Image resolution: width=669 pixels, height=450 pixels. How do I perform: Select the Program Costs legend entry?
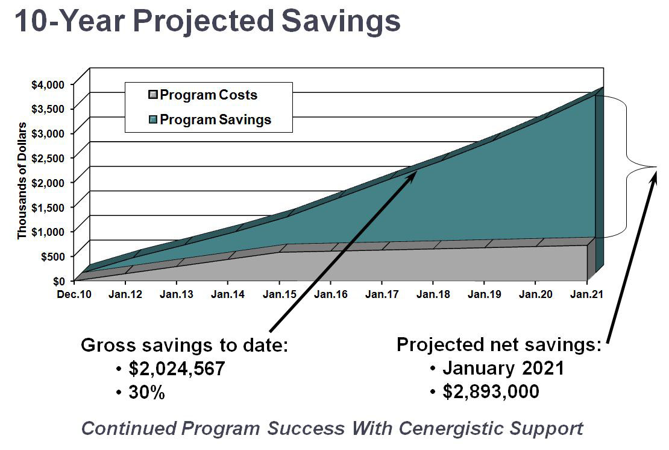(x=209, y=95)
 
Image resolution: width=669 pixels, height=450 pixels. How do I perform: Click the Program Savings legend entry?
(x=215, y=119)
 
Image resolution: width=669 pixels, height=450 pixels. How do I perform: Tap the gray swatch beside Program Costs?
(x=153, y=95)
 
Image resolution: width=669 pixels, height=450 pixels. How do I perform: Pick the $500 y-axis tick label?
(x=51, y=256)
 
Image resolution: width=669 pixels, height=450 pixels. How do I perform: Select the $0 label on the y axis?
(x=57, y=280)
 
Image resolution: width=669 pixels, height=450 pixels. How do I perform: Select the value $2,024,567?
(x=177, y=369)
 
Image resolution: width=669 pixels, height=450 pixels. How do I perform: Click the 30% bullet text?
(x=147, y=393)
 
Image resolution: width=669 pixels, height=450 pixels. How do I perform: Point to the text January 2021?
(x=503, y=368)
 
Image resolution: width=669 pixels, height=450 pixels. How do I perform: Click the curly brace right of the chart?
(x=639, y=166)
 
